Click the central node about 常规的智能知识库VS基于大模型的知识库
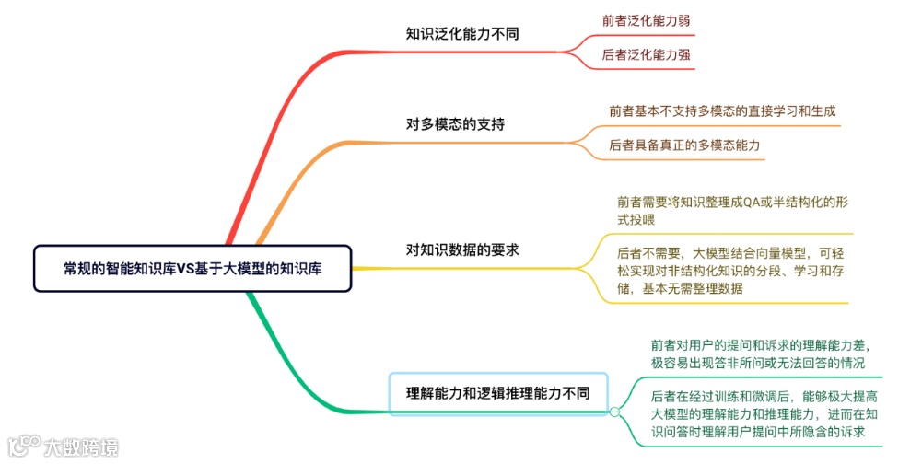192,268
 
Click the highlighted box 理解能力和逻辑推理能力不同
498,394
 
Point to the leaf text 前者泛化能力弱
646,19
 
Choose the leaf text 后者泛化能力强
646,55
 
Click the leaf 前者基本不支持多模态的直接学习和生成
722,110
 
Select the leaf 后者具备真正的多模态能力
684,145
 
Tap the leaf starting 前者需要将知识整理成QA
729,210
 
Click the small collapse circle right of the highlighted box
614,412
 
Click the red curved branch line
276,110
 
